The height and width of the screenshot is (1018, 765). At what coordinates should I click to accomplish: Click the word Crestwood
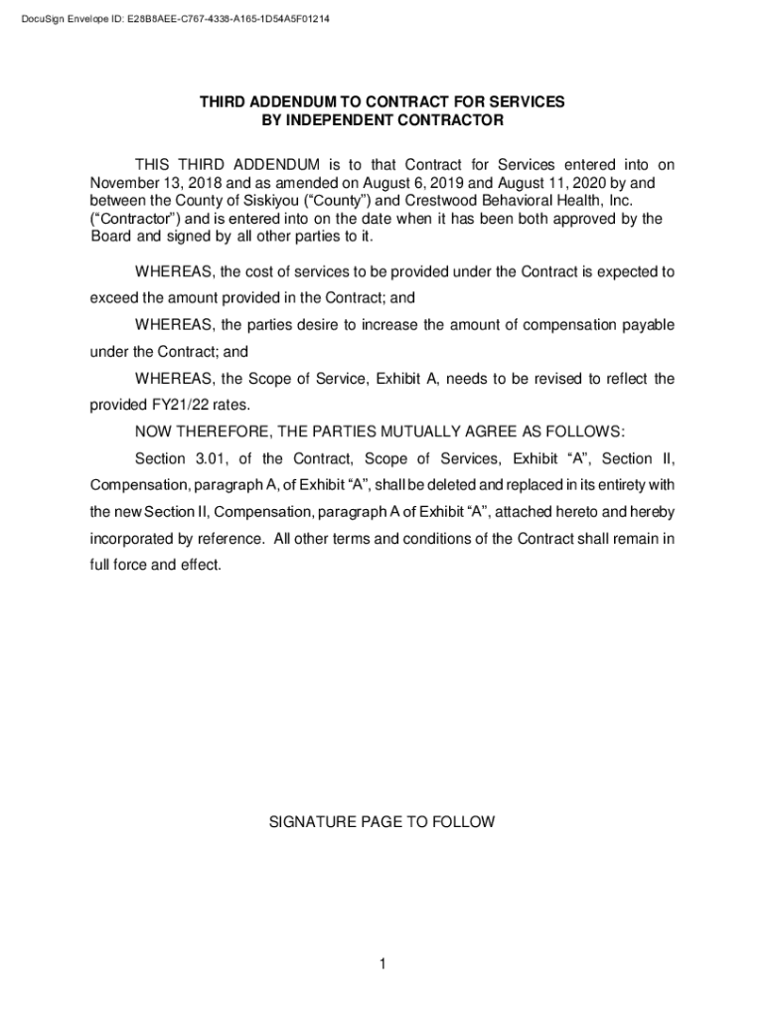point(438,201)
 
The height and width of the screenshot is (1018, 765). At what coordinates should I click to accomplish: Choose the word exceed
point(114,297)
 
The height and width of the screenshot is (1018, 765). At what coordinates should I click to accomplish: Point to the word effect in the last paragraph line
point(199,565)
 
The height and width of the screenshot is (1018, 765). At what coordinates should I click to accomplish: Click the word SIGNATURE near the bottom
point(312,822)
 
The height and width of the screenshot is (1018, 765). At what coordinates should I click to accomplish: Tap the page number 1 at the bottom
point(382,964)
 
